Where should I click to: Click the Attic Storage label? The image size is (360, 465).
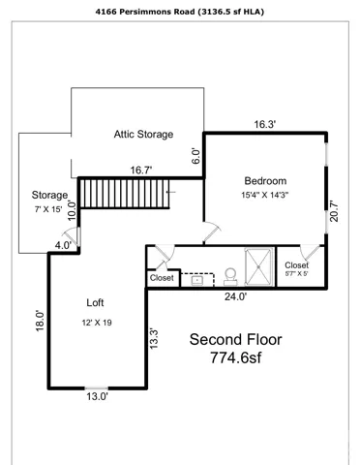tap(143, 135)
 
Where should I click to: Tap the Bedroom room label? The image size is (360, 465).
tap(265, 181)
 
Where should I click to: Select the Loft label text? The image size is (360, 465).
tap(95, 303)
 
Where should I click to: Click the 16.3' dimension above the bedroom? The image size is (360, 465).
tap(264, 124)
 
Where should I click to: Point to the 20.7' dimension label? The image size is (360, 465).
tap(334, 211)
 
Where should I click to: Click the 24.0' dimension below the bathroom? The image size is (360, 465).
tap(236, 296)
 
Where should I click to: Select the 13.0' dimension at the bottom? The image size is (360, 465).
tap(97, 396)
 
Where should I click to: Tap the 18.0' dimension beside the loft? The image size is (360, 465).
tap(40, 321)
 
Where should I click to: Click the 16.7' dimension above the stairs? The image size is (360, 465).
tap(141, 170)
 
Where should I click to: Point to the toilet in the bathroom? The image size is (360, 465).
tap(230, 277)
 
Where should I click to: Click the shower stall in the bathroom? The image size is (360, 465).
tap(258, 266)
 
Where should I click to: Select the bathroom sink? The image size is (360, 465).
tap(197, 280)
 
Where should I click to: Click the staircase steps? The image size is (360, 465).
tap(125, 194)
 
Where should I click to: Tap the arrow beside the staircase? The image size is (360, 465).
tap(171, 192)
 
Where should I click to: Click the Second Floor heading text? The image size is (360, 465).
tap(235, 340)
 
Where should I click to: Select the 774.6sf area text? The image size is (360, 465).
tap(236, 357)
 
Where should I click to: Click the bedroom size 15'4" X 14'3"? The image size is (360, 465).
tap(265, 195)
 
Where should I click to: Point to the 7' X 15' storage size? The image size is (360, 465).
tap(48, 209)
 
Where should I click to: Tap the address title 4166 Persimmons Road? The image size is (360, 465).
tap(145, 12)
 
